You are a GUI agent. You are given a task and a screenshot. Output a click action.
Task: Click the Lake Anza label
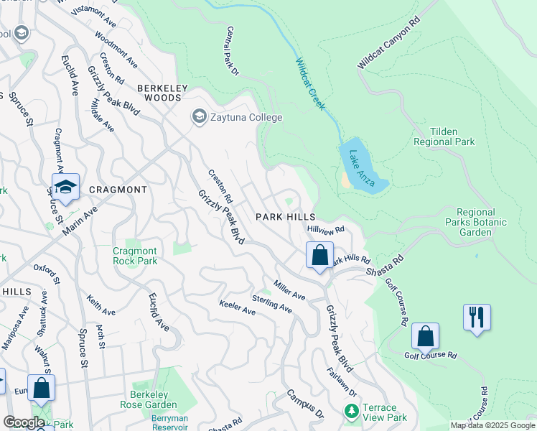tap(362, 164)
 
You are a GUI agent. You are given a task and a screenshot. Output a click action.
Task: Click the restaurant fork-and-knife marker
tap(477, 318)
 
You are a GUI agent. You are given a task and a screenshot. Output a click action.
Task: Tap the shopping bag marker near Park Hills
tap(319, 255)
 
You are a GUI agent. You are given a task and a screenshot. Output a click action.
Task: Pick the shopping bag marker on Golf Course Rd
tap(425, 335)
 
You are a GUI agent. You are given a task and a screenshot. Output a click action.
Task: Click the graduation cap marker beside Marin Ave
tap(65, 188)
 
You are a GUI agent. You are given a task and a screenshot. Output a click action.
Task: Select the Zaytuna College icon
tap(198, 116)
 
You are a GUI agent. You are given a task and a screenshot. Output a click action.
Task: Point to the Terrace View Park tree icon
tap(351, 412)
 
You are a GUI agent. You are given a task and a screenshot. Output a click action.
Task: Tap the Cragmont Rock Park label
tap(135, 256)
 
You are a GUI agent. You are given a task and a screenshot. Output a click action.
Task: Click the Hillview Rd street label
tap(326, 229)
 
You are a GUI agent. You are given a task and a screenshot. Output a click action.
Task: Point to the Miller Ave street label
tap(289, 290)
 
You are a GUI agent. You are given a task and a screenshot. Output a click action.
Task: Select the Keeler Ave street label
tap(238, 307)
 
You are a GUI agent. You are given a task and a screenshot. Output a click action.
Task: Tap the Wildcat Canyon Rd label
tap(388, 45)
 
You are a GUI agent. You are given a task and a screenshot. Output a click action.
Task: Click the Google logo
tap(24, 422)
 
